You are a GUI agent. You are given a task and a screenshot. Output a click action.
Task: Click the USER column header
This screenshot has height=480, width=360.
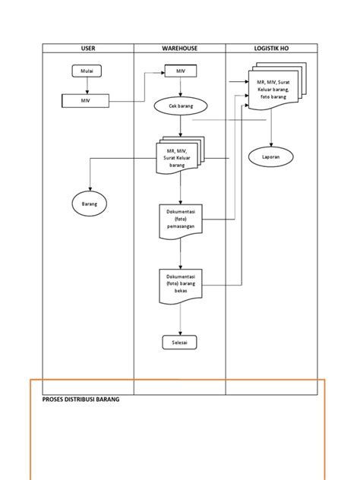[x=88, y=48]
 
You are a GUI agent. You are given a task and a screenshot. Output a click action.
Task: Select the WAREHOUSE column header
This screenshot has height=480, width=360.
[x=179, y=48]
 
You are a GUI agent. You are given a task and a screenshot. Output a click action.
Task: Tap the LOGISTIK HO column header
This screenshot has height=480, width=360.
[x=271, y=48]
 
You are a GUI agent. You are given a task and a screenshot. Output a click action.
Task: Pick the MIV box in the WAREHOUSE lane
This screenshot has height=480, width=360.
[x=180, y=71]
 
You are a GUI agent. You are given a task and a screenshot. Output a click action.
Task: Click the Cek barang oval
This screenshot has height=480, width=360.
[x=179, y=107]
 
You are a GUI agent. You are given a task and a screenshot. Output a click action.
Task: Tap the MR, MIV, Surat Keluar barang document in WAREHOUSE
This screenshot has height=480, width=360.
[x=178, y=157]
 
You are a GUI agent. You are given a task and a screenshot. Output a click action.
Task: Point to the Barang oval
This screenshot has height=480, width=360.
[x=90, y=204]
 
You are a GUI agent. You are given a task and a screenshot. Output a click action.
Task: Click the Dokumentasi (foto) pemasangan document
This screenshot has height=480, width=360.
[x=180, y=221]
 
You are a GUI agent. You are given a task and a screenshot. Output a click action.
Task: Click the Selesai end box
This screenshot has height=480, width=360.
[x=180, y=343]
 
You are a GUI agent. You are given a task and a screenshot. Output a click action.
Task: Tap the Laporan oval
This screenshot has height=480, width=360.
[x=271, y=156]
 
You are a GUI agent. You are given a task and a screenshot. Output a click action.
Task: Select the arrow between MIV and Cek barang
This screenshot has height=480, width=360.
[x=180, y=87]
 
